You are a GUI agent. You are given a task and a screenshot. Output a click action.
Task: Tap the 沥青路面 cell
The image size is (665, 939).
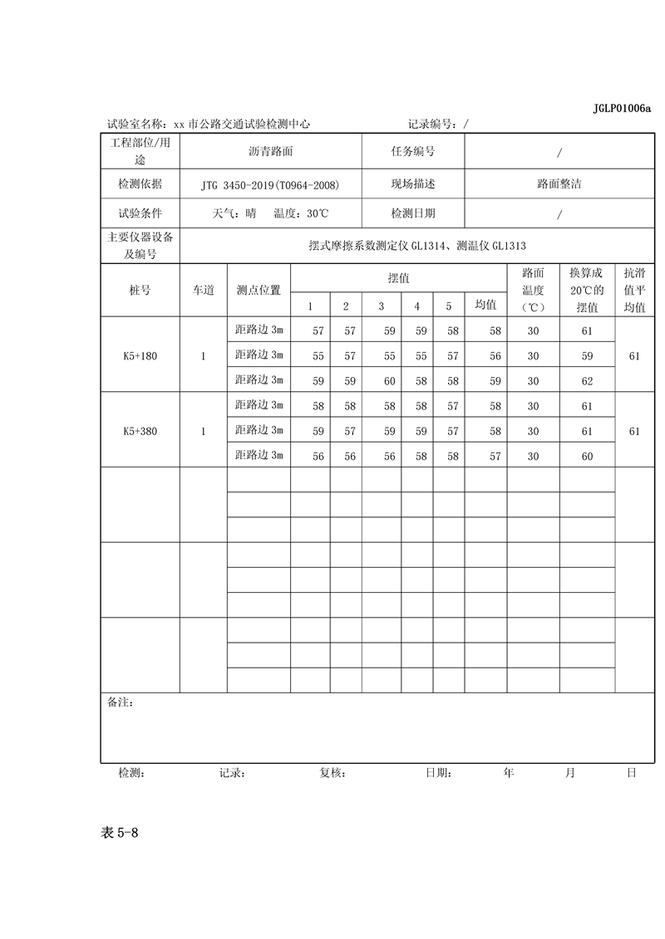(x=270, y=152)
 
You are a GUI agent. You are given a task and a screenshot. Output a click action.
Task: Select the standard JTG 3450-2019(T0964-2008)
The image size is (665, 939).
(x=270, y=183)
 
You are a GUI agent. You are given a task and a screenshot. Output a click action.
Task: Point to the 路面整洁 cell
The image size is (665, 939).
(x=559, y=183)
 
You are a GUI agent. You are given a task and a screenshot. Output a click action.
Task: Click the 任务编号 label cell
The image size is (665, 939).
(x=412, y=152)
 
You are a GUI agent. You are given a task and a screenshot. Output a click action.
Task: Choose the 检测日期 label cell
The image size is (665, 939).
(x=412, y=213)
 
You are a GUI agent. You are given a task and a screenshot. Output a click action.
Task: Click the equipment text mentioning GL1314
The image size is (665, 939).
(x=416, y=247)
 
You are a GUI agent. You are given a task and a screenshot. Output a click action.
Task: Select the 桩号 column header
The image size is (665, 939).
(x=140, y=291)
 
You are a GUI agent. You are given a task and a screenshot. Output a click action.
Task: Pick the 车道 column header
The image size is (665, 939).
(x=204, y=291)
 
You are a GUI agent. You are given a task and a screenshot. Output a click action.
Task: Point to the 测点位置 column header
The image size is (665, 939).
(x=259, y=291)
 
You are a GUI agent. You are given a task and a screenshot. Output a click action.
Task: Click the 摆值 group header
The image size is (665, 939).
(x=398, y=278)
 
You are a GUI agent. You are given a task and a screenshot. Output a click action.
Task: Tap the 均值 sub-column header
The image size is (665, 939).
(x=485, y=305)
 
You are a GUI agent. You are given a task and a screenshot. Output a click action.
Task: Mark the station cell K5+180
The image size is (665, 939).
(x=140, y=356)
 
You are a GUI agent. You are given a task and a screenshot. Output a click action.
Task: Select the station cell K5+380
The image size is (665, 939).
(x=140, y=431)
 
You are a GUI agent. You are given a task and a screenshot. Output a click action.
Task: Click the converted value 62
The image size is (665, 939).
(x=587, y=382)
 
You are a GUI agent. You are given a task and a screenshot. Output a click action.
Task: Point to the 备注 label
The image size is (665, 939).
(x=121, y=702)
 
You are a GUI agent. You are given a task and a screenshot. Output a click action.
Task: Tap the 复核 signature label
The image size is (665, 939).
(x=332, y=773)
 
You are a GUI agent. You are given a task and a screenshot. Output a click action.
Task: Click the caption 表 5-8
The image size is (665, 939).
(x=118, y=834)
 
